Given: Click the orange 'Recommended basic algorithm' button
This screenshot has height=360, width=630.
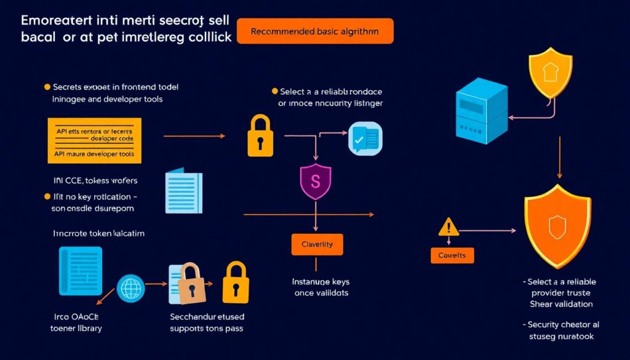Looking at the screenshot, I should pyautogui.click(x=314, y=31).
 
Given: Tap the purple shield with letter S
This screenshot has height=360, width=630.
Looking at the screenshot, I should pyautogui.click(x=316, y=182).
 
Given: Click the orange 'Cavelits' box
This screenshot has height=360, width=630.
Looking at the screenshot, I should pyautogui.click(x=452, y=255).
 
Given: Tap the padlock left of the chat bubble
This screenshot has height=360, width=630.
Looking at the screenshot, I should pyautogui.click(x=260, y=136).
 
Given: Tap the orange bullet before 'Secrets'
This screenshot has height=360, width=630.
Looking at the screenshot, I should pyautogui.click(x=47, y=87).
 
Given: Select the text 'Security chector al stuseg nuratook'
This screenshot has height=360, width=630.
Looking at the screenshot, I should pyautogui.click(x=560, y=330).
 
